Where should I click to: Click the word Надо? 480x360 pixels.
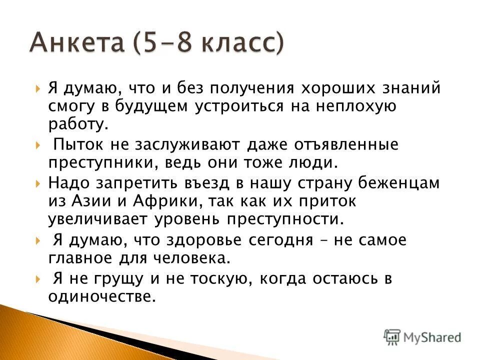67,183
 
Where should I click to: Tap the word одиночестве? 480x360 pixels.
101,296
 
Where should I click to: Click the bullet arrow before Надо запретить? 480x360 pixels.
39,183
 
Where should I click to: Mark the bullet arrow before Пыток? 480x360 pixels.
39,146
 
